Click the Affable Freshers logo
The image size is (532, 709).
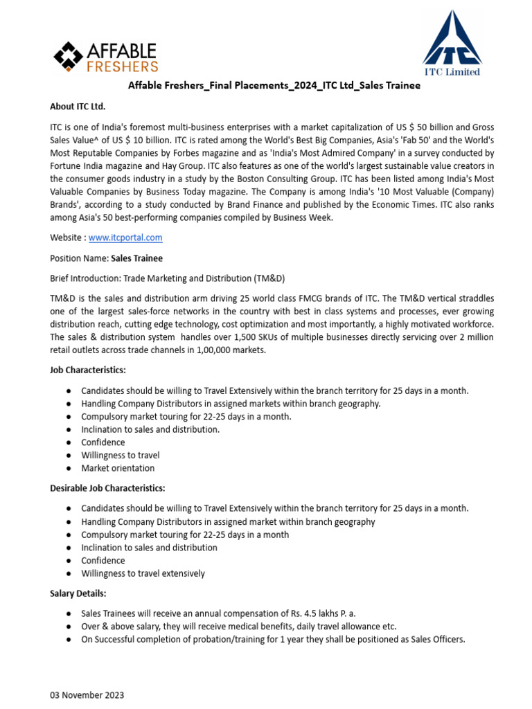106,57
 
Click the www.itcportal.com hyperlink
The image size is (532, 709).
125,237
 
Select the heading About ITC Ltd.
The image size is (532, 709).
78,107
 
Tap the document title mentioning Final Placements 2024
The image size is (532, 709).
274,86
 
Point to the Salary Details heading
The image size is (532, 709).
78,593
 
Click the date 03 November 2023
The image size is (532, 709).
87,694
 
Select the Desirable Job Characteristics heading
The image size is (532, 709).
107,488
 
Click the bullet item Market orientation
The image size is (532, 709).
118,468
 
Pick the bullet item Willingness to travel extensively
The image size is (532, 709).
143,573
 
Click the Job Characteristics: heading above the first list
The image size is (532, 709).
87,370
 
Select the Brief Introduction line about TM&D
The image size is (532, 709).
167,278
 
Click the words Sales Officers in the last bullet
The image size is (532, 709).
434,639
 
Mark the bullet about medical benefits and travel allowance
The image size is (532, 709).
239,626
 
